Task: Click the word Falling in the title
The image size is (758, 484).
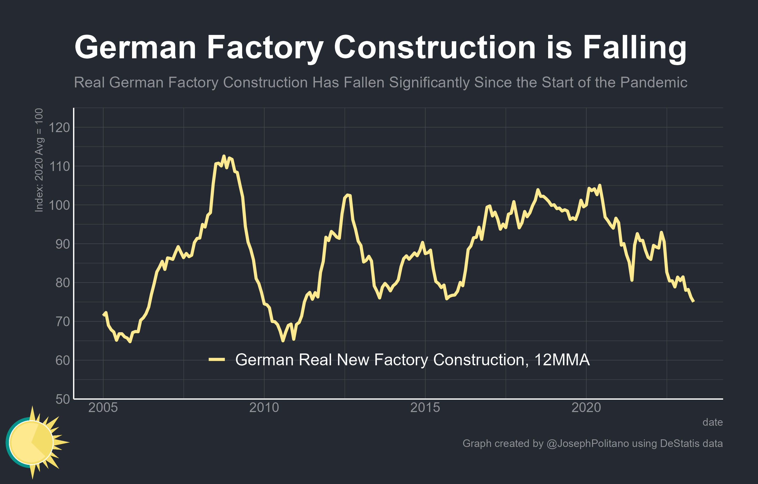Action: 634,48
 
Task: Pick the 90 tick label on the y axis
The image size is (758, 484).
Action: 63,244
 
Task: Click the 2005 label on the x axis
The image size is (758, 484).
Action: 103,408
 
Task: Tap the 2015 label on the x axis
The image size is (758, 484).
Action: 425,408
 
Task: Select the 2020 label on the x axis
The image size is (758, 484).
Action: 586,408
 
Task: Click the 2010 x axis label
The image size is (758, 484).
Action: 264,408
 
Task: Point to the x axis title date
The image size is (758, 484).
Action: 712,422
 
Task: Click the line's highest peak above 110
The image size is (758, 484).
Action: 224,156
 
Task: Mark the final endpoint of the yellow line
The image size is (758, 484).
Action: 693,301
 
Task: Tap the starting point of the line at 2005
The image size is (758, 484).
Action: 103,315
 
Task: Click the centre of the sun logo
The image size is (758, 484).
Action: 32,443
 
